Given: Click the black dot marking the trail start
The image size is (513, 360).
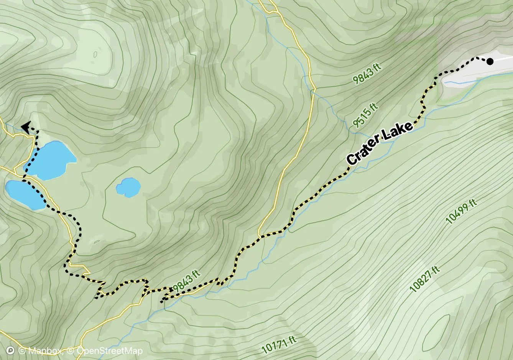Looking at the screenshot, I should [490, 61].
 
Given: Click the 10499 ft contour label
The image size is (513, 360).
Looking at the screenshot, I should [462, 211].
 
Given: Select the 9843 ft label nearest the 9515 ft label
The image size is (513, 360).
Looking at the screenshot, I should [367, 74].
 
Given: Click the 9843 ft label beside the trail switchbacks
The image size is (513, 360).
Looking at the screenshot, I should [187, 282].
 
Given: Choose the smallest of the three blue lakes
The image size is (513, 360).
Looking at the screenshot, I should [128, 187].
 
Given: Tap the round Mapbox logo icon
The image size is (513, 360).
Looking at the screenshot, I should [11, 350].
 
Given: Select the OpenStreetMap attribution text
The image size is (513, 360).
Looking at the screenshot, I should [109, 351].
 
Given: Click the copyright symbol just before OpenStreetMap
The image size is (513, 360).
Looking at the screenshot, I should [71, 351].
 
